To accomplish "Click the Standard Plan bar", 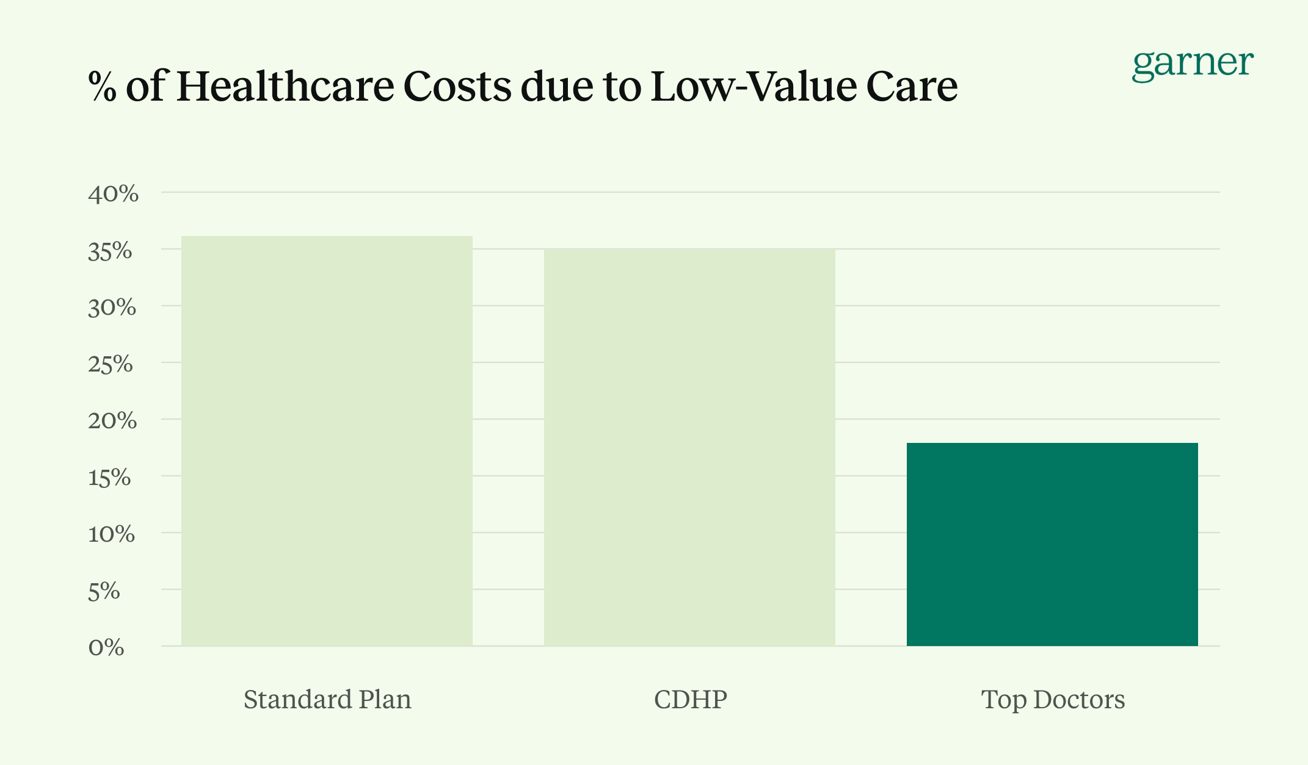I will coord(327,440).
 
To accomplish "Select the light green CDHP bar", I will coord(689,447).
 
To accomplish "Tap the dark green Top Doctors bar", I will coord(1052,544).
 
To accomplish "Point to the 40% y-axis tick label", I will coord(114,194).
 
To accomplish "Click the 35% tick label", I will coord(111,251).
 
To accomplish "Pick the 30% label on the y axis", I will coord(112,307).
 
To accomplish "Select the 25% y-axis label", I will coord(111,364).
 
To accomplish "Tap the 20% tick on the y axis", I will coord(112,420).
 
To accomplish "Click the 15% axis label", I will coord(110,478).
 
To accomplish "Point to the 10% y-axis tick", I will coord(111,534).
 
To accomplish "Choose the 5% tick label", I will coord(104,591).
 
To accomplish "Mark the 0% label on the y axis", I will coord(106,647).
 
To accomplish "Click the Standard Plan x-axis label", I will coord(327,700).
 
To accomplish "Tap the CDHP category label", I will coord(690,700).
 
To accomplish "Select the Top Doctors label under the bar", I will coord(1053,700).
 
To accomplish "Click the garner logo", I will coord(1192,65).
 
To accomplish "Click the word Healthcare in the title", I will coord(285,86).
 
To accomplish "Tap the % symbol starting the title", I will coord(102,86).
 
